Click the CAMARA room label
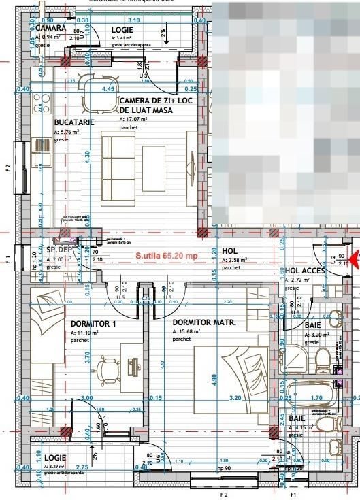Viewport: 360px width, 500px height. click(x=50, y=28)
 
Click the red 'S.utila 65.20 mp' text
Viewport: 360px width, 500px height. click(x=167, y=256)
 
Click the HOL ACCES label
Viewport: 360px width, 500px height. click(x=304, y=270)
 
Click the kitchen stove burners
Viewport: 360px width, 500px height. click(x=43, y=105)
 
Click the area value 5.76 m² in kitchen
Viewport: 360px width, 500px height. click(x=70, y=131)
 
